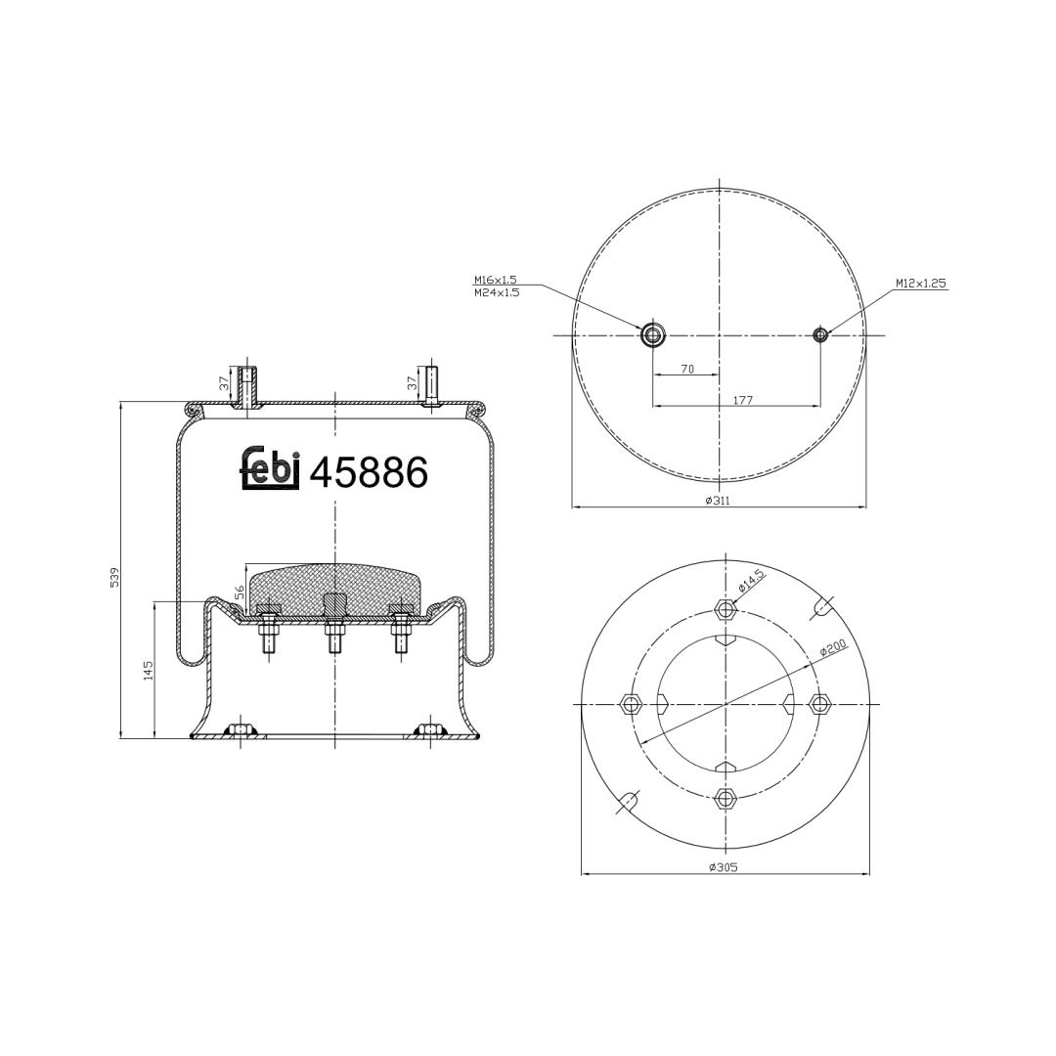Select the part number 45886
coord(369,472)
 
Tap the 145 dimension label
coord(149,670)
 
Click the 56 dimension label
coord(240,592)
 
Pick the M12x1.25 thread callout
coord(921,284)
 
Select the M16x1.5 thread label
coord(496,280)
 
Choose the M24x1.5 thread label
coord(497,292)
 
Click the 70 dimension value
coord(687,369)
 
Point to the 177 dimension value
coord(741,400)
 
